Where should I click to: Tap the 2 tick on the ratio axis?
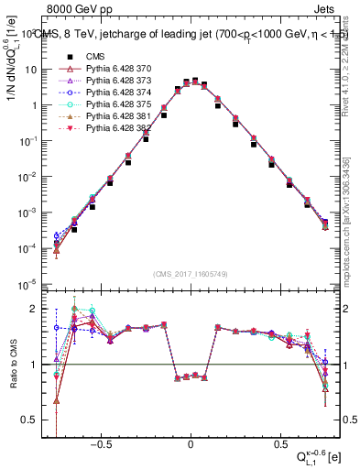(34, 309)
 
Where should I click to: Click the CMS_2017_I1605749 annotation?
(190, 274)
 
